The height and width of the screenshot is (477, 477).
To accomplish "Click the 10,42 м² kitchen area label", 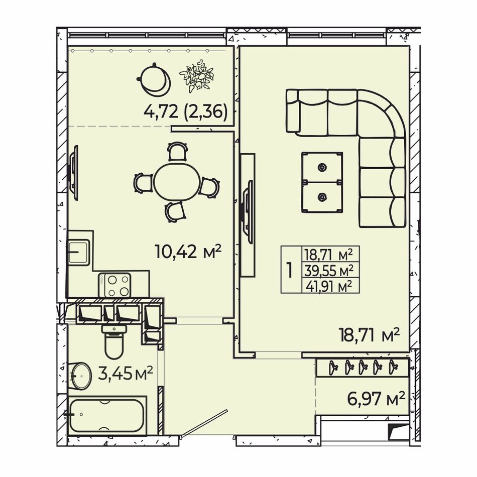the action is pyautogui.click(x=188, y=252).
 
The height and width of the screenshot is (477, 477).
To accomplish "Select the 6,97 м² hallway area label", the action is pyautogui.click(x=376, y=399).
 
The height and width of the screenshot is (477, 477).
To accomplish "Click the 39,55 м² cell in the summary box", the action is pyautogui.click(x=330, y=271).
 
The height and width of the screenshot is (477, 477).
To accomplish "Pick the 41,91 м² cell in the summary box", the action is pyautogui.click(x=329, y=286).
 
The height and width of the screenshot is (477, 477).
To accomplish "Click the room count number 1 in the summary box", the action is pyautogui.click(x=290, y=270).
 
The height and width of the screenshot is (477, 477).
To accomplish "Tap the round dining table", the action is pyautogui.click(x=177, y=182).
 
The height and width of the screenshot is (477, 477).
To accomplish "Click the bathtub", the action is pyautogui.click(x=107, y=415).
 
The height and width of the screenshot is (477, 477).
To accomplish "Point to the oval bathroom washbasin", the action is pyautogui.click(x=81, y=376).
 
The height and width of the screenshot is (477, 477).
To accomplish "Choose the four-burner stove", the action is pyautogui.click(x=114, y=285).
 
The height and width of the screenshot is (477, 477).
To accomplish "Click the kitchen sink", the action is pyautogui.click(x=78, y=252).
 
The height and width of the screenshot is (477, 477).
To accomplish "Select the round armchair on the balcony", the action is pyautogui.click(x=154, y=79).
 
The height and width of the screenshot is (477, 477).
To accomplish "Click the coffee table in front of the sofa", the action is pyautogui.click(x=322, y=182).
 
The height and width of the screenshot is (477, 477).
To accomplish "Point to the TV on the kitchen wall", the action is pyautogui.click(x=74, y=173).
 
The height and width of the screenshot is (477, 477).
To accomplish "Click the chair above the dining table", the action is pyautogui.click(x=177, y=151).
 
